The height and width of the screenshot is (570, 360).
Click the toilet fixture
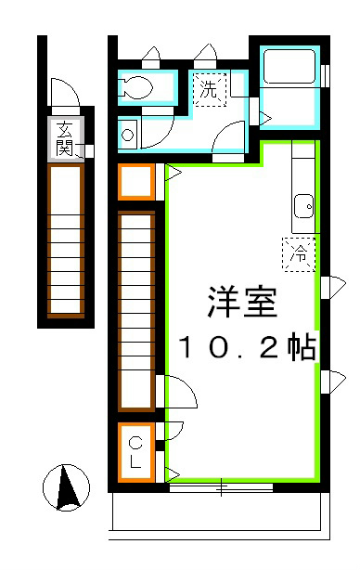coord(136,87)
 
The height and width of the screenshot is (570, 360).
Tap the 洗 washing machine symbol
coord(209,90)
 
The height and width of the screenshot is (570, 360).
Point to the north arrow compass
coord(67,488)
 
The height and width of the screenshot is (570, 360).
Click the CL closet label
coord(135,451)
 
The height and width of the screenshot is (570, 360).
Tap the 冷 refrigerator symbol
coord(300,253)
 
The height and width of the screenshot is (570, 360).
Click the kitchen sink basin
coord(302,203)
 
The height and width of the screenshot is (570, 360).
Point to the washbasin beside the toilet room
coord(127,135)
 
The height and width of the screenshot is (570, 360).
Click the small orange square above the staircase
coord(135,181)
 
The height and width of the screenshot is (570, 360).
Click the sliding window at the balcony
coord(221,486)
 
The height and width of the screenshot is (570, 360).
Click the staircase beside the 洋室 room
coord(135,311)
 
